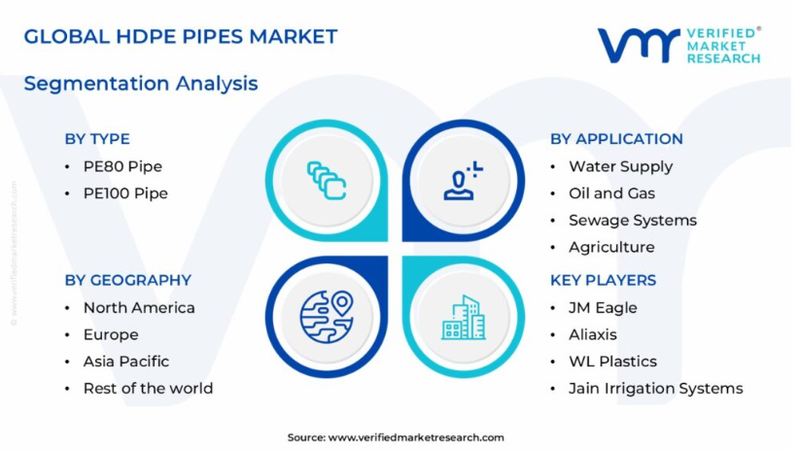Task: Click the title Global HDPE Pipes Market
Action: tap(181, 37)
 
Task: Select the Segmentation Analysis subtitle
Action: tap(141, 84)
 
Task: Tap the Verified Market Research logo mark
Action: tap(639, 46)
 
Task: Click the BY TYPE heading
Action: tap(97, 139)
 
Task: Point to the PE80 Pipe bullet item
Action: tap(122, 166)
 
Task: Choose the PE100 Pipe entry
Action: tap(125, 193)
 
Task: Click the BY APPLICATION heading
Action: tap(616, 139)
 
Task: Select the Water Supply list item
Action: tap(621, 166)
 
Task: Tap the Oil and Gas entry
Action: tap(612, 193)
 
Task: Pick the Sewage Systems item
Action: tap(633, 221)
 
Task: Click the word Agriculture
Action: tap(611, 247)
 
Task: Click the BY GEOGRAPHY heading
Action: tap(128, 280)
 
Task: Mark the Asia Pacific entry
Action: tap(125, 362)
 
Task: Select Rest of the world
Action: tap(148, 389)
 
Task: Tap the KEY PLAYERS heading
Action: tap(604, 280)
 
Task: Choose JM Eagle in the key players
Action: tap(603, 308)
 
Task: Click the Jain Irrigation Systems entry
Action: tap(656, 389)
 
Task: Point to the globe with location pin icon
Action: tap(327, 317)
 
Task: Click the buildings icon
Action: tap(464, 317)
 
